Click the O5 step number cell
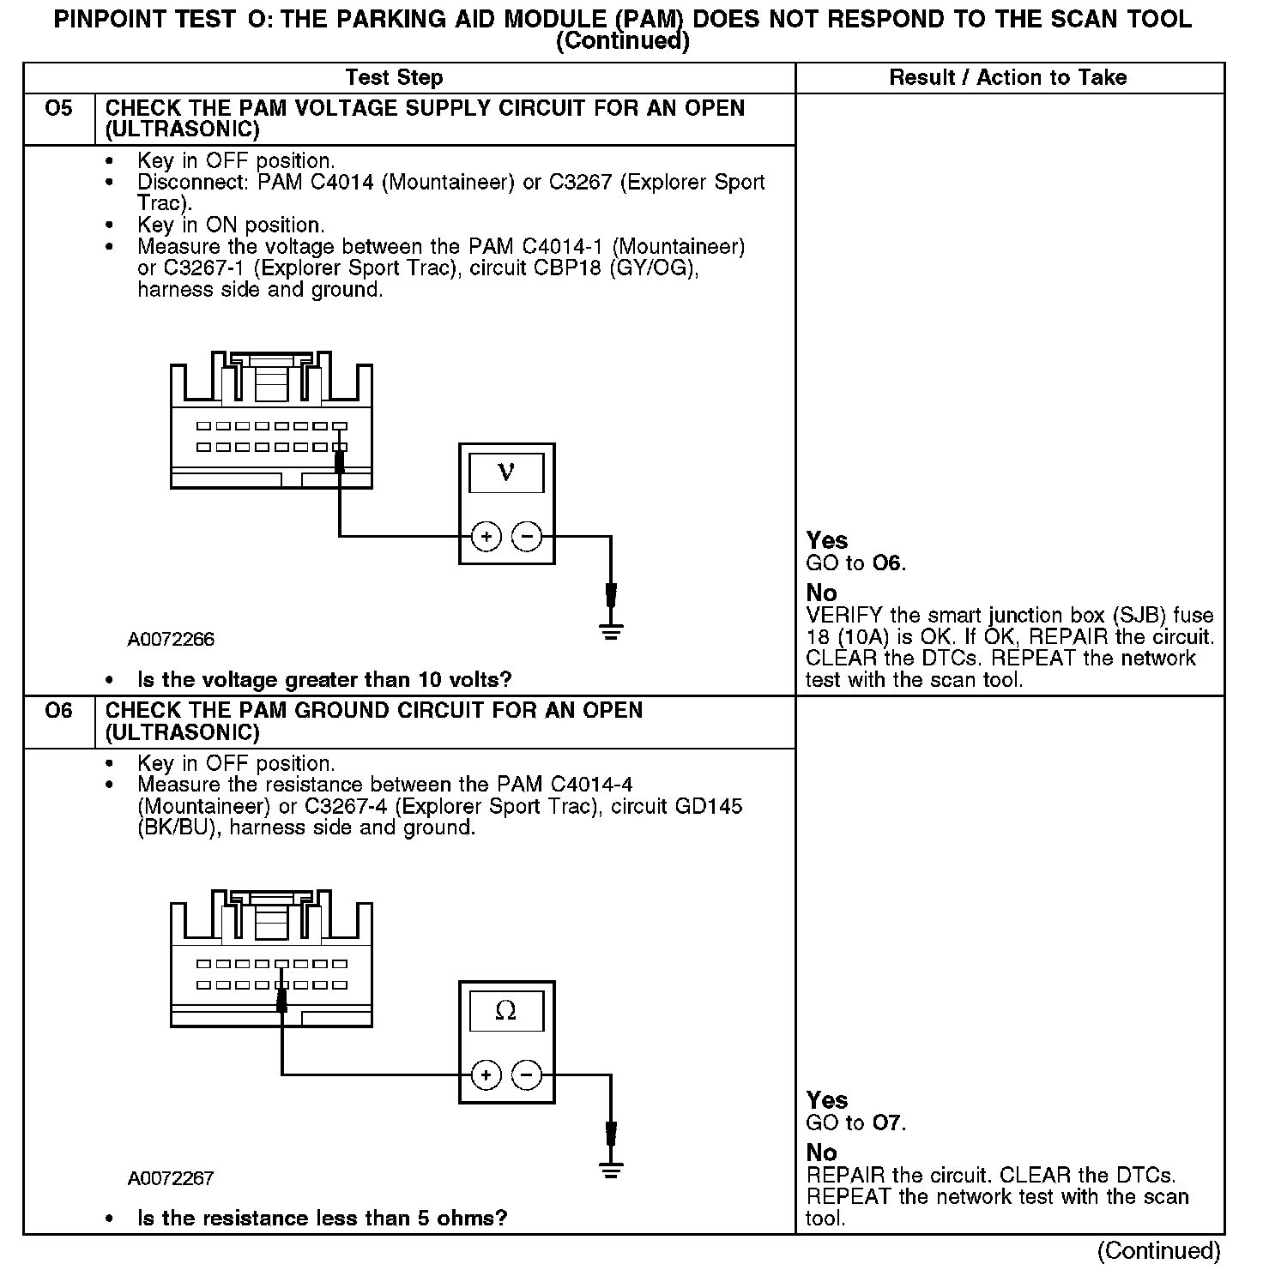(58, 109)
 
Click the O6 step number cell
(58, 711)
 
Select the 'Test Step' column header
(394, 78)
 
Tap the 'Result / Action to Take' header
(1007, 78)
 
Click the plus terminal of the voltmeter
(486, 537)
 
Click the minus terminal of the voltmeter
(527, 537)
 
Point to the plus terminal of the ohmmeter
(486, 1074)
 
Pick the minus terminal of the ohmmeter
(527, 1074)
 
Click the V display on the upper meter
(506, 472)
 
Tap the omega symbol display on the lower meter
(506, 1011)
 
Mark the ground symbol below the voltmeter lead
(610, 633)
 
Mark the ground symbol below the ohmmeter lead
(610, 1171)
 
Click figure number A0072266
(171, 640)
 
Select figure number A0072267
(171, 1178)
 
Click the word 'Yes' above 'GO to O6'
(827, 540)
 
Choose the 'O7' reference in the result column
(888, 1122)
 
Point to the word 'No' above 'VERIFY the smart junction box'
(821, 593)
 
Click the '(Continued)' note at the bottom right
(1158, 1251)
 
